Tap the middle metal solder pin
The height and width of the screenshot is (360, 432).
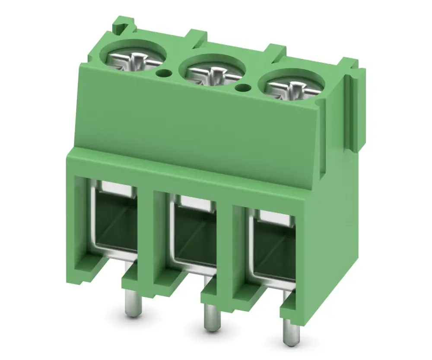pyautogui.click(x=210, y=318)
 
